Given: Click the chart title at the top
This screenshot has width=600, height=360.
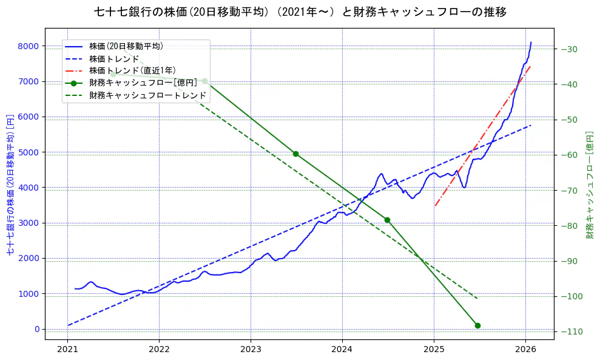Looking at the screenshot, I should coord(300,12).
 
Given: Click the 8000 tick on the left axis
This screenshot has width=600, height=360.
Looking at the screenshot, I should coord(29,46).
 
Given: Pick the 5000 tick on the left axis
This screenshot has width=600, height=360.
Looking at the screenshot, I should coord(29,152).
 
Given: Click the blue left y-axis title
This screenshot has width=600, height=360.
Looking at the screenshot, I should coord(10,183).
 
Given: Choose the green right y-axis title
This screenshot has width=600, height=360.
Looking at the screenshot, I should coord(589,183).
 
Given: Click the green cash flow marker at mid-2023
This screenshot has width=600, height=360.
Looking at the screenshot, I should coord(295,154).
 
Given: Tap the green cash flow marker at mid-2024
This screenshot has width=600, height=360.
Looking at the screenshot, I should coord(387,220).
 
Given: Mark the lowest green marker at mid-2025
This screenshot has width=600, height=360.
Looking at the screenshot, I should coord(477,325).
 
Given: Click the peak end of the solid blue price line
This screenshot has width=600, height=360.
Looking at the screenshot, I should coord(531,42).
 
